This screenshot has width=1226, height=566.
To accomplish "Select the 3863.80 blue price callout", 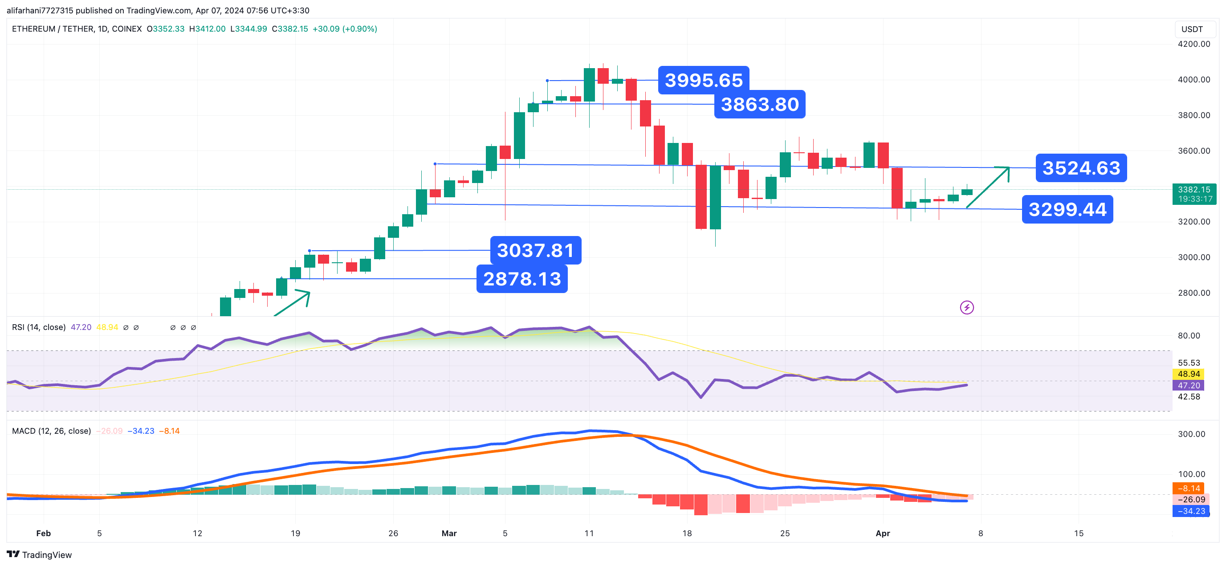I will [x=759, y=105].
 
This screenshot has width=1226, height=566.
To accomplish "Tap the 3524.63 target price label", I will [x=1081, y=168].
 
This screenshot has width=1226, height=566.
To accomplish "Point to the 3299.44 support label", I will [x=1067, y=209].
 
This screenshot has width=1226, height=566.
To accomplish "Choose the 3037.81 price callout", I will [x=535, y=250].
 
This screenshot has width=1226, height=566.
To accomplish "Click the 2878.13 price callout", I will [x=521, y=279].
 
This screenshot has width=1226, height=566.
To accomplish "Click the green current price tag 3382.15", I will [x=1193, y=194].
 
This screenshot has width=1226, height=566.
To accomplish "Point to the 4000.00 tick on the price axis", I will [x=1193, y=80].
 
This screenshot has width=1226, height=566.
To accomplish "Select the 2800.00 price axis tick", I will [x=1193, y=293].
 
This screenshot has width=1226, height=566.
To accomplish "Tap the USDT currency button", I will [x=1192, y=29].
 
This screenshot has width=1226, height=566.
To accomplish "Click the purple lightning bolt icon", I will [x=967, y=308].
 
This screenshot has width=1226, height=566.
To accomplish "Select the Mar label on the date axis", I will [x=449, y=533].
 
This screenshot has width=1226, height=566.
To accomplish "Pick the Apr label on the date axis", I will [x=882, y=533].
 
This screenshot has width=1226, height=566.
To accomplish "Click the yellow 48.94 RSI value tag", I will [x=1189, y=374].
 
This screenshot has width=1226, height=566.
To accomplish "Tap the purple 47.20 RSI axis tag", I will [x=1189, y=386].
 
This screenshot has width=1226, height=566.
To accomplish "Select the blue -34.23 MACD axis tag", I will [x=1191, y=511].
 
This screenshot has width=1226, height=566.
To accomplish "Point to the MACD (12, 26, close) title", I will [x=51, y=431].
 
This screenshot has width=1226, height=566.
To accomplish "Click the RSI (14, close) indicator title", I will [x=39, y=327].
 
